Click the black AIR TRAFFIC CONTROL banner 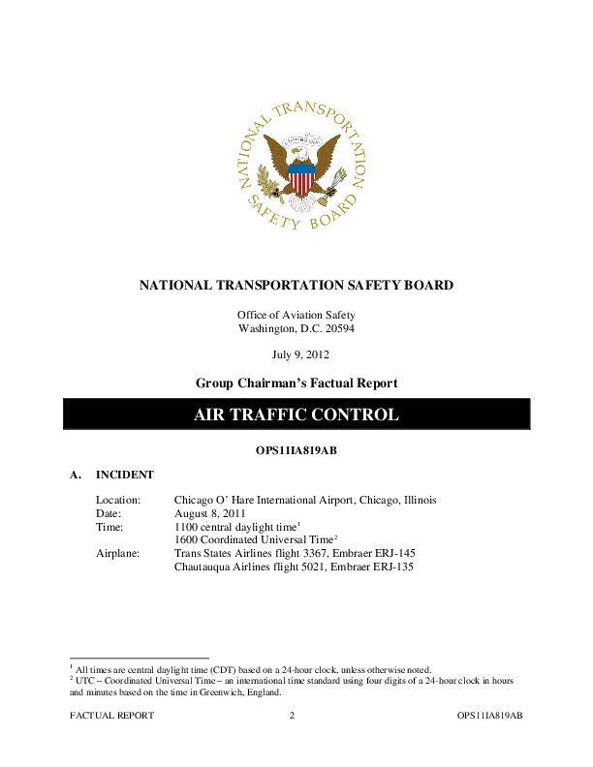[296, 414]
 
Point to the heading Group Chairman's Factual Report [296, 383]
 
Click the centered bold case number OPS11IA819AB [296, 450]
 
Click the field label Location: [118, 500]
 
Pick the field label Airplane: [118, 553]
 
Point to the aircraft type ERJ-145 [392, 553]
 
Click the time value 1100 [186, 527]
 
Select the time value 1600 [186, 539]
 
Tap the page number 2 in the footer [292, 715]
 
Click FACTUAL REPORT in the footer [111, 715]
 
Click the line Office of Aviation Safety [296, 315]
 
